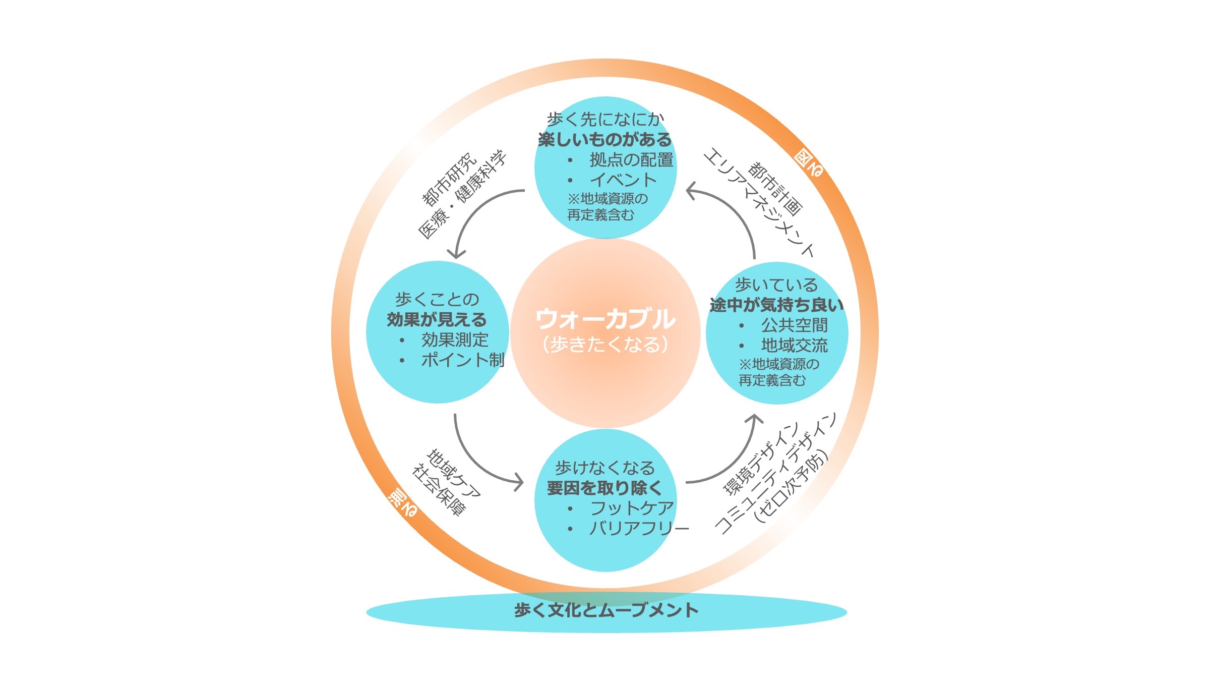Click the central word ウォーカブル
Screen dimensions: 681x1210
[605, 319]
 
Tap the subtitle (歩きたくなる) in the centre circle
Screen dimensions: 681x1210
[605, 345]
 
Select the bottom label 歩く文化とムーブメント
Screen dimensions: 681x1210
[606, 610]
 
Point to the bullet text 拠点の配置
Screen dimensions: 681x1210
[631, 160]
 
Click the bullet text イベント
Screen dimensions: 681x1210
[623, 180]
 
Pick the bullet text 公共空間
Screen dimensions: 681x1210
[795, 325]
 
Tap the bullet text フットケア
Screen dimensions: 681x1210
[632, 508]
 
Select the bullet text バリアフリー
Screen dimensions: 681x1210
[639, 528]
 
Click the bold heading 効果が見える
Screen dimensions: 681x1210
[437, 320]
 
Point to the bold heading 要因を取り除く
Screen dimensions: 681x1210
[604, 488]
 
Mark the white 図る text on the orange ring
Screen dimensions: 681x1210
[809, 163]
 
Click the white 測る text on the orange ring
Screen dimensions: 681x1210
[402, 503]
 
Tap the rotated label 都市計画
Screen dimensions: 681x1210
[775, 188]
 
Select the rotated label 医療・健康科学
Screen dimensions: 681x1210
[462, 194]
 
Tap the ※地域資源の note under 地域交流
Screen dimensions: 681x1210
[779, 364]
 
